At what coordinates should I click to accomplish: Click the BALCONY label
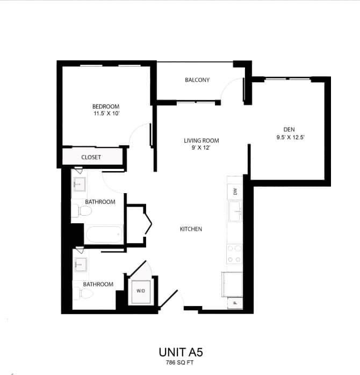click(197, 80)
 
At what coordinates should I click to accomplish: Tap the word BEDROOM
click(105, 107)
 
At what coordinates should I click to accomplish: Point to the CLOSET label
click(91, 157)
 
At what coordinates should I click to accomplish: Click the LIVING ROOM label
click(201, 141)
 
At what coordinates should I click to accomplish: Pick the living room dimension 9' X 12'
click(201, 148)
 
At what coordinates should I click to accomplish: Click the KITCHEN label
click(191, 229)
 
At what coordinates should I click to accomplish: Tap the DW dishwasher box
click(235, 192)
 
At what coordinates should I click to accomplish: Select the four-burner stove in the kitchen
click(234, 253)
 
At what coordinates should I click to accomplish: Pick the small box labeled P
click(235, 303)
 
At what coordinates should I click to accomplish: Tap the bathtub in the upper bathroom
click(105, 235)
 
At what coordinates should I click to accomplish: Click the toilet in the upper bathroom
click(80, 210)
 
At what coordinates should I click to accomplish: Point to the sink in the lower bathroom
click(81, 265)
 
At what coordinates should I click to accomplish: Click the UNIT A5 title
click(181, 352)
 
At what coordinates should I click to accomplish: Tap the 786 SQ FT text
click(181, 363)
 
